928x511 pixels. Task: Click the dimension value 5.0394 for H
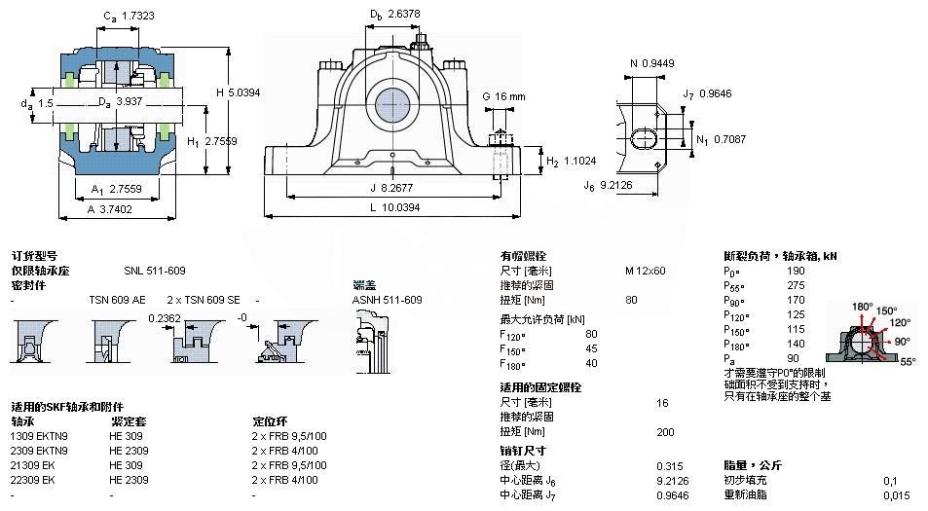click(244, 92)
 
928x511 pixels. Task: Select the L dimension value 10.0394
click(400, 208)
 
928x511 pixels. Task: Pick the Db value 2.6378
click(407, 15)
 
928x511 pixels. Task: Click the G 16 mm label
click(503, 97)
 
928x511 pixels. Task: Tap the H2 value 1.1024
click(581, 161)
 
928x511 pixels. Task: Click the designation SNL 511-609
click(154, 270)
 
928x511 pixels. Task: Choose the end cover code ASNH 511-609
click(387, 299)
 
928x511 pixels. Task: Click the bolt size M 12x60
click(645, 270)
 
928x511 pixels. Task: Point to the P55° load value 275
click(796, 286)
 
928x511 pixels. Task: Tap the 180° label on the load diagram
click(862, 307)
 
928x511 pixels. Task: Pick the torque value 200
click(665, 431)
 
